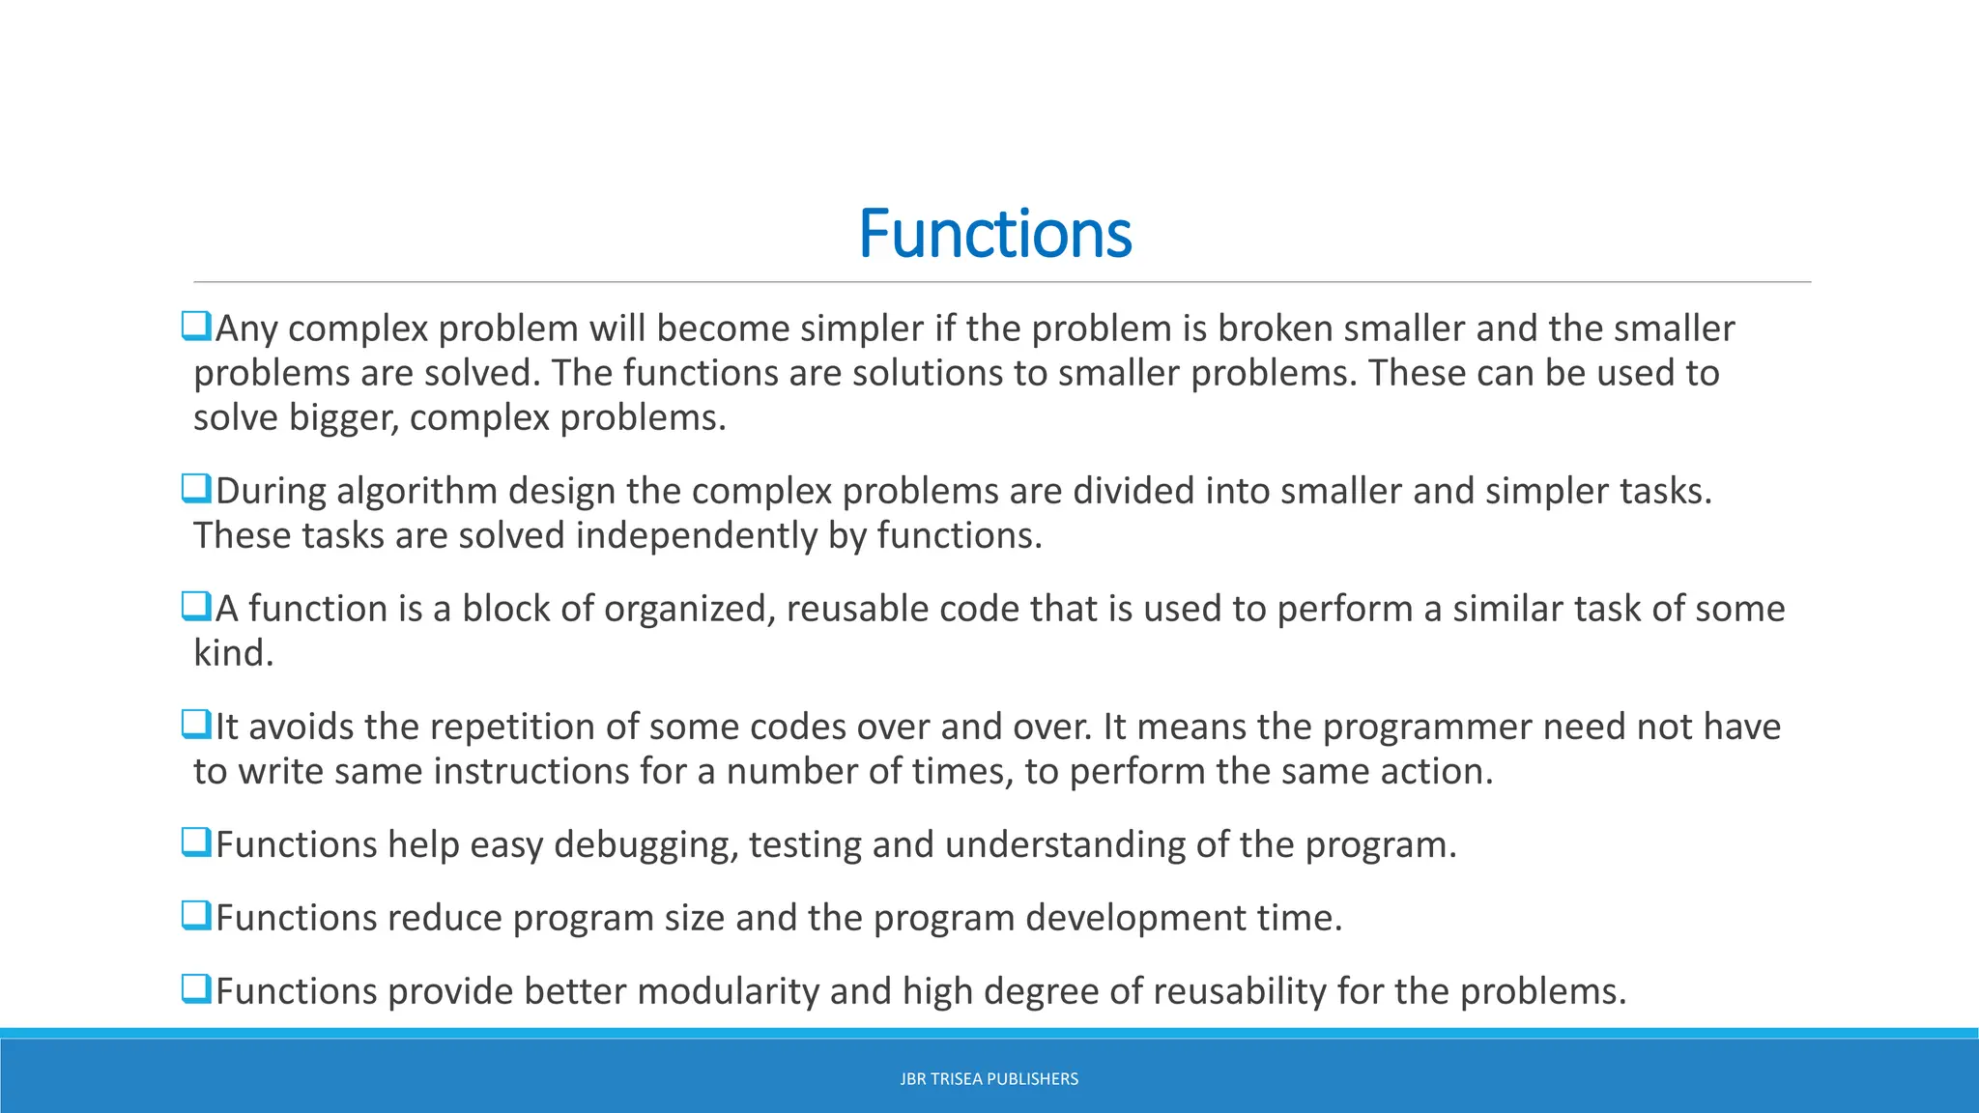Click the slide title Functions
click(x=994, y=234)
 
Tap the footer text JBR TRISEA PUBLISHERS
click(x=989, y=1079)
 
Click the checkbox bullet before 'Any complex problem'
click(x=196, y=327)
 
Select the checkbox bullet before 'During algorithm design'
click(x=196, y=489)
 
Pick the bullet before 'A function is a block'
click(x=196, y=607)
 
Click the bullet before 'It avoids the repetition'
click(x=196, y=725)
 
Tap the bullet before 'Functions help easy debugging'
click(x=196, y=842)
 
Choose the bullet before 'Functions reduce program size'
click(x=196, y=916)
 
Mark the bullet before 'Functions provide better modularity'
click(x=196, y=989)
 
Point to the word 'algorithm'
click(x=417, y=492)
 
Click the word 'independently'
click(x=696, y=536)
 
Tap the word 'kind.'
click(x=234, y=653)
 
